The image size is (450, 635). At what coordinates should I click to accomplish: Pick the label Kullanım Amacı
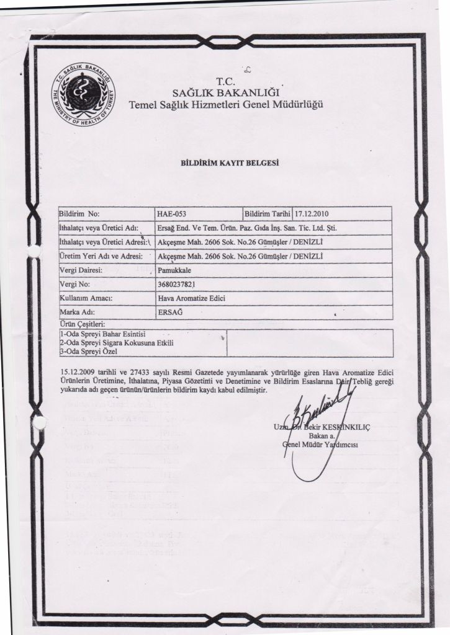pyautogui.click(x=84, y=298)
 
